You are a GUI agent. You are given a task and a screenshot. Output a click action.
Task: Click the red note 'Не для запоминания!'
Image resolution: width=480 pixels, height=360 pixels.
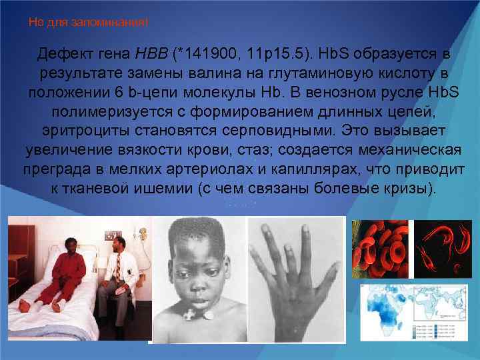click(x=89, y=23)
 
